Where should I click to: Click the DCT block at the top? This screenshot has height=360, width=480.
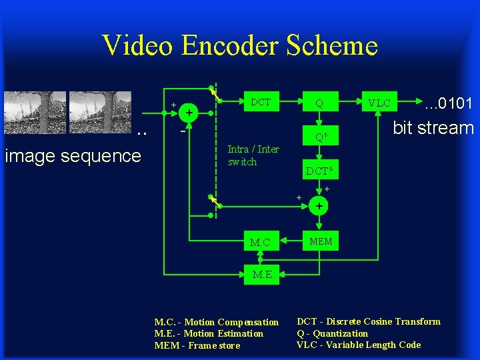pos(260,102)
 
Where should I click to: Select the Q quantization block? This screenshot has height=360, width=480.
pos(319,103)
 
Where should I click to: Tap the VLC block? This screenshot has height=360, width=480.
pos(379,103)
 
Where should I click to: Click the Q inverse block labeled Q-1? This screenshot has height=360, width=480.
pos(320,137)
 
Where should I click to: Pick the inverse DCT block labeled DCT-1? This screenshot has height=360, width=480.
pos(319,171)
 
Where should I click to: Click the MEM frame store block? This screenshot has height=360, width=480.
pos(320,241)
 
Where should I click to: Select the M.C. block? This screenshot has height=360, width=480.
pos(260,242)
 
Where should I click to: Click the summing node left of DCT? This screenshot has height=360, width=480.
pos(190,113)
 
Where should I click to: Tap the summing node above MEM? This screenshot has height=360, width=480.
pos(319,207)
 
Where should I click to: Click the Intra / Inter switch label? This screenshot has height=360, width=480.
pos(253,155)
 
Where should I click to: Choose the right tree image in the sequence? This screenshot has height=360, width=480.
pos(100,111)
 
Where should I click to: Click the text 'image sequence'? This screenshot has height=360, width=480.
pos(73,156)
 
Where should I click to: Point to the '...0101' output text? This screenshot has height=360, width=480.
pos(449,103)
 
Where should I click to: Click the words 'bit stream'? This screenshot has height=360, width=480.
pos(433,128)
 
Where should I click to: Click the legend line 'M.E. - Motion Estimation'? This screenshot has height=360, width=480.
pos(209,333)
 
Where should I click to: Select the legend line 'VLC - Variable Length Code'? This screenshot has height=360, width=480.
pos(359,345)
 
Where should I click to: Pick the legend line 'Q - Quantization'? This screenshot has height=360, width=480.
pos(332,333)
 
